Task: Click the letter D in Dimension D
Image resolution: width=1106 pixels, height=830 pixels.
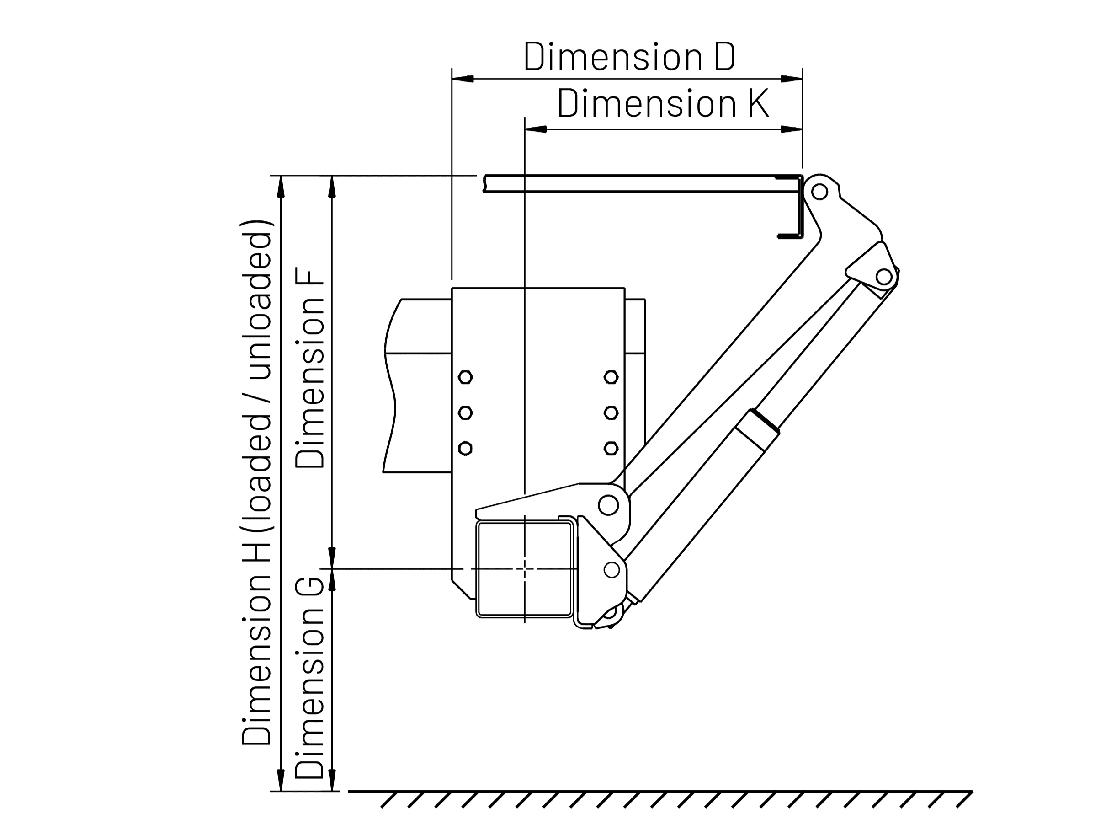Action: tap(724, 57)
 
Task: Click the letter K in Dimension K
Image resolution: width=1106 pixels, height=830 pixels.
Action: tap(758, 103)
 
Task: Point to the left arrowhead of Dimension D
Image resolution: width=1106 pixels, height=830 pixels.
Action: tap(463, 79)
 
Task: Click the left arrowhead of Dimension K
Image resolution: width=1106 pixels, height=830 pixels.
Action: tap(536, 129)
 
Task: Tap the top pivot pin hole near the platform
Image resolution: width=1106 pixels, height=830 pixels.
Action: tap(819, 192)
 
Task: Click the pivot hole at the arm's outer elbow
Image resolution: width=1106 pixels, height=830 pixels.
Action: tap(884, 276)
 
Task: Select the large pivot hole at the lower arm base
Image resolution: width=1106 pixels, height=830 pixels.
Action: tap(608, 505)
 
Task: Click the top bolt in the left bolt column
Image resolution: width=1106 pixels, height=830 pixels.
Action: tap(465, 377)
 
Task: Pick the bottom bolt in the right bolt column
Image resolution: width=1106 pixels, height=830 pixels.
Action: tap(611, 448)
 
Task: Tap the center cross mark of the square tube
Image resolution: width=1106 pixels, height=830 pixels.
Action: tap(525, 569)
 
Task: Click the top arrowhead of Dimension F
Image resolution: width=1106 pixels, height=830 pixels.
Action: tap(331, 187)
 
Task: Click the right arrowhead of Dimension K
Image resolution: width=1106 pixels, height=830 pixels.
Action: tap(792, 129)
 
